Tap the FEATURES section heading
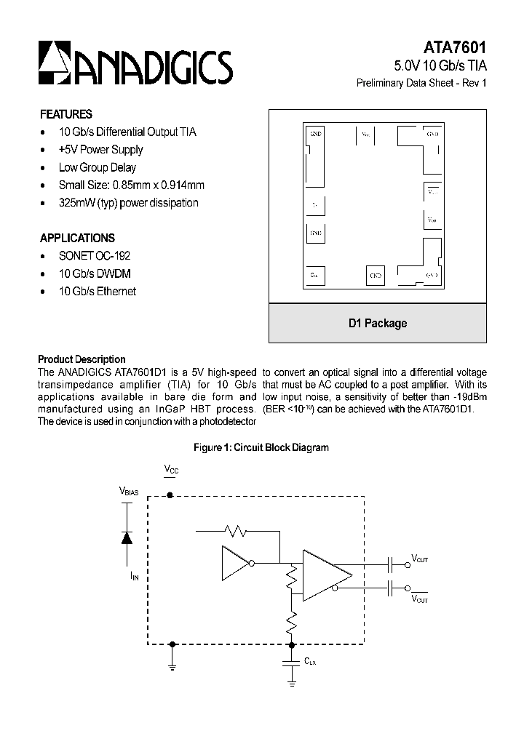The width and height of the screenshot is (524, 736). tap(65, 114)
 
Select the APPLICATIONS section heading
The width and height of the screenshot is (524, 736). tap(77, 238)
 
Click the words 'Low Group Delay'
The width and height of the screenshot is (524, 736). tap(98, 167)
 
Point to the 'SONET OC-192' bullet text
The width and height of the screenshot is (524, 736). tap(95, 256)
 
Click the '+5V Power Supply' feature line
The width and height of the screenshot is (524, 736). tap(100, 150)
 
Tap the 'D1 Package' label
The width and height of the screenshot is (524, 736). tap(377, 324)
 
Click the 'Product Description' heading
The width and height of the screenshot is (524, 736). tap(82, 359)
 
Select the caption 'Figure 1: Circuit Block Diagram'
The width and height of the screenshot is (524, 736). tap(261, 447)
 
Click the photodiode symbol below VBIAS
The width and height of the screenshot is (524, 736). tap(127, 537)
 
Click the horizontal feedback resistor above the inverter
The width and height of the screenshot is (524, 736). tap(237, 532)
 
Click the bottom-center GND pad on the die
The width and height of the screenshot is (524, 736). tap(376, 276)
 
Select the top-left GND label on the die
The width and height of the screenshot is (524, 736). tap(316, 135)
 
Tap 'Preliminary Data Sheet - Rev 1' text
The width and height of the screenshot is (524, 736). tap(421, 83)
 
